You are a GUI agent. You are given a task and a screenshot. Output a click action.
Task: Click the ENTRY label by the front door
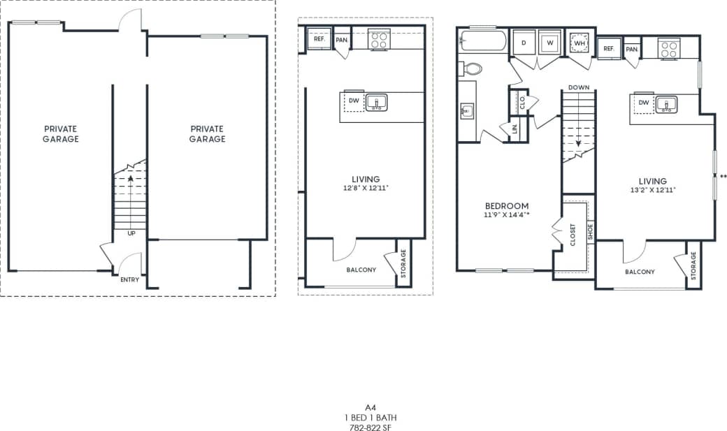(x=129, y=280)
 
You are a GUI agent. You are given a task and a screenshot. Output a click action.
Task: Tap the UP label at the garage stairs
(x=131, y=233)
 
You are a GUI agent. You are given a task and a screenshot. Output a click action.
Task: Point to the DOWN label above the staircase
(x=579, y=87)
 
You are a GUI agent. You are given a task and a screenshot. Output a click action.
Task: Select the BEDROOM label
(x=507, y=206)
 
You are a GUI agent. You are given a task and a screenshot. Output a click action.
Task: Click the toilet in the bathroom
(x=472, y=68)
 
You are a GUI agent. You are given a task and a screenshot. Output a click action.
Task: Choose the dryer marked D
(x=524, y=43)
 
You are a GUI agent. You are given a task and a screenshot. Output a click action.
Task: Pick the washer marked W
(x=549, y=43)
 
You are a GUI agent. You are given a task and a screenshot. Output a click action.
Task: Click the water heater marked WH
(x=579, y=43)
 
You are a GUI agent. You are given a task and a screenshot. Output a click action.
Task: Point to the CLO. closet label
(x=522, y=102)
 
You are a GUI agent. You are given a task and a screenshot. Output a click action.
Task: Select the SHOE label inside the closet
(x=590, y=231)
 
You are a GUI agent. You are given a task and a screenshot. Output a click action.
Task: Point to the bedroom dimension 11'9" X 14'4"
(x=508, y=215)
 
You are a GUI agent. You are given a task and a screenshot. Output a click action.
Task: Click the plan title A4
(x=370, y=407)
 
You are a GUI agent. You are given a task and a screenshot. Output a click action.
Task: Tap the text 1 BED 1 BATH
(x=370, y=416)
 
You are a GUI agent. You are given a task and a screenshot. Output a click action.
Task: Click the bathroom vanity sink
(x=468, y=110)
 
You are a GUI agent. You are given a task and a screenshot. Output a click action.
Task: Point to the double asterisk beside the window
(x=723, y=176)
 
